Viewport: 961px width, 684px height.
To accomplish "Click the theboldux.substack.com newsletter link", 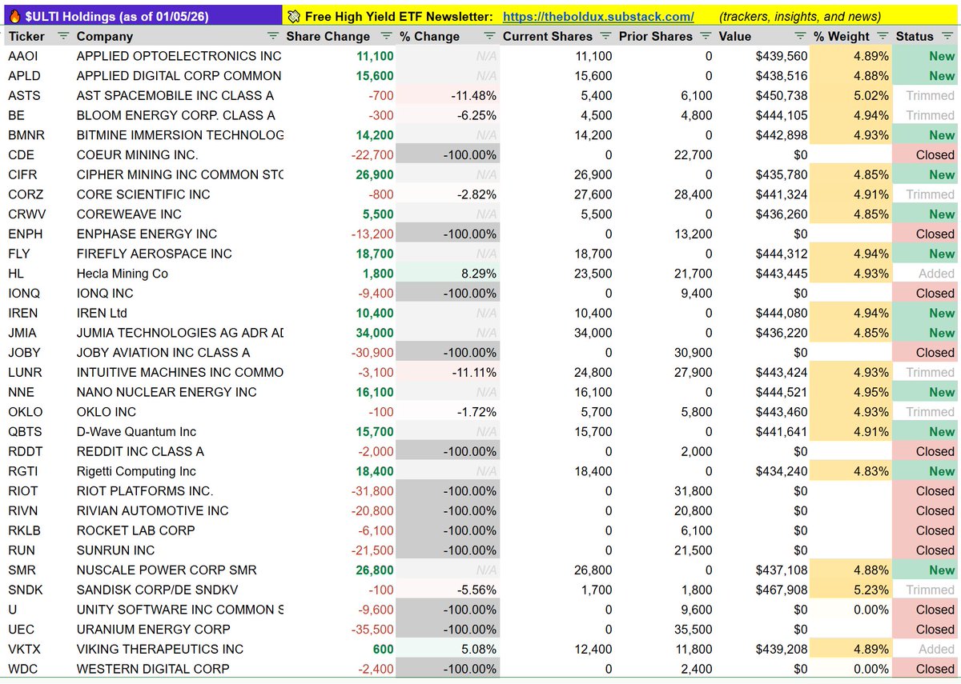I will (597, 16).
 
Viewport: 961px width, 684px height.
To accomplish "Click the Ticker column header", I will (26, 36).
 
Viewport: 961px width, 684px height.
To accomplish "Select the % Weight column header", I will (841, 36).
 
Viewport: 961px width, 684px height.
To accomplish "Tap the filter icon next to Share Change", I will (386, 36).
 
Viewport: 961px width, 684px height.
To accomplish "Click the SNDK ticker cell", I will (25, 590).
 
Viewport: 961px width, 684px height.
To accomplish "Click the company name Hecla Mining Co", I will (122, 274).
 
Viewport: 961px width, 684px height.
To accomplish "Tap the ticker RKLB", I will (23, 530).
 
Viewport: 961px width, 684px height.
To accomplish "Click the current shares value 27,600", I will (593, 194).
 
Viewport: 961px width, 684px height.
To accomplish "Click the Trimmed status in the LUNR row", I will (930, 372).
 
